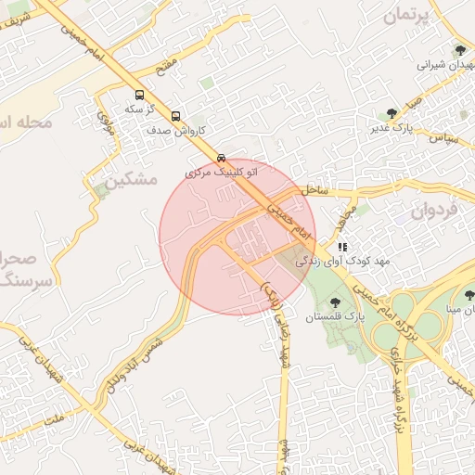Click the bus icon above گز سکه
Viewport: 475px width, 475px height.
pyautogui.click(x=139, y=95)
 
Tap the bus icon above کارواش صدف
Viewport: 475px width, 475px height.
pyautogui.click(x=176, y=117)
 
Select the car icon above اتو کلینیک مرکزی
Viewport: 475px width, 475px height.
pyautogui.click(x=221, y=158)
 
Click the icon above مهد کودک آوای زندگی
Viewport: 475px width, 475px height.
pyautogui.click(x=342, y=248)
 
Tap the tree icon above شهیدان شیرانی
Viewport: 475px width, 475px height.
pyautogui.click(x=460, y=50)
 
